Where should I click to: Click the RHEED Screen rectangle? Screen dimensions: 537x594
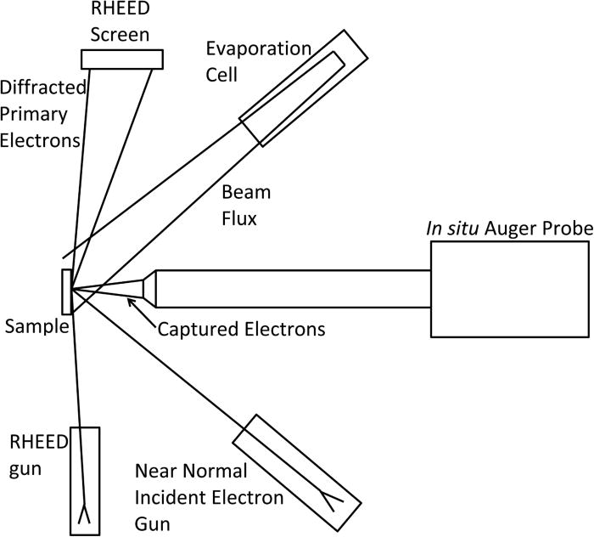coord(121,58)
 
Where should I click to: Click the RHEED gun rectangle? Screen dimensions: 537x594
coord(85,480)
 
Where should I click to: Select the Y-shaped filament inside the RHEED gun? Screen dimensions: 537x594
coord(85,512)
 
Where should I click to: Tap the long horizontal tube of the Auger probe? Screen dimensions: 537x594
coord(293,288)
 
